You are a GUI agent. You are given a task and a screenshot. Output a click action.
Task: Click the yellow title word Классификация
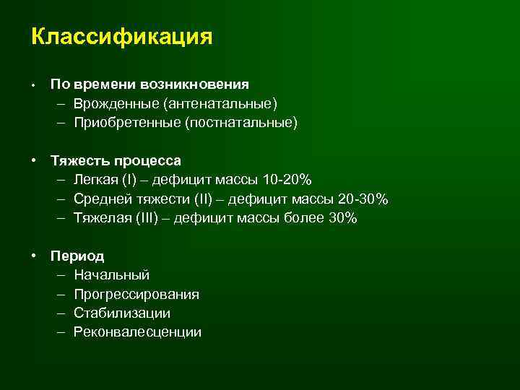pyautogui.click(x=122, y=37)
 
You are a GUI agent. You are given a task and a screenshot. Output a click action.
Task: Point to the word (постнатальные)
pyautogui.click(x=240, y=123)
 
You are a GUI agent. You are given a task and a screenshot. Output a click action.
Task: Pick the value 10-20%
pyautogui.click(x=287, y=179)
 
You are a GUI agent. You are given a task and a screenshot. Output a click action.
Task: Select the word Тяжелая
pyautogui.click(x=103, y=218)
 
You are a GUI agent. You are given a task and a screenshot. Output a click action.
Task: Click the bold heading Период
pyautogui.click(x=77, y=256)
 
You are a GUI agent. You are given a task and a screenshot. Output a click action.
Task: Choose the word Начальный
pyautogui.click(x=111, y=275)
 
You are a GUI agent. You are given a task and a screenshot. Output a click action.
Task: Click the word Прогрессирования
pyautogui.click(x=136, y=295)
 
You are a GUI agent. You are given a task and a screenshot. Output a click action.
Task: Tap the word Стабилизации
pyautogui.click(x=122, y=313)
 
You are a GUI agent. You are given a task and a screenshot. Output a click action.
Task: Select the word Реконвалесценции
pyautogui.click(x=137, y=332)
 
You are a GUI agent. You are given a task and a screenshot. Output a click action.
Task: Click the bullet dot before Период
pyautogui.click(x=34, y=256)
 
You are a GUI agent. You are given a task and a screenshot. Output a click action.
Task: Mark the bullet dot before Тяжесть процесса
pyautogui.click(x=34, y=160)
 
